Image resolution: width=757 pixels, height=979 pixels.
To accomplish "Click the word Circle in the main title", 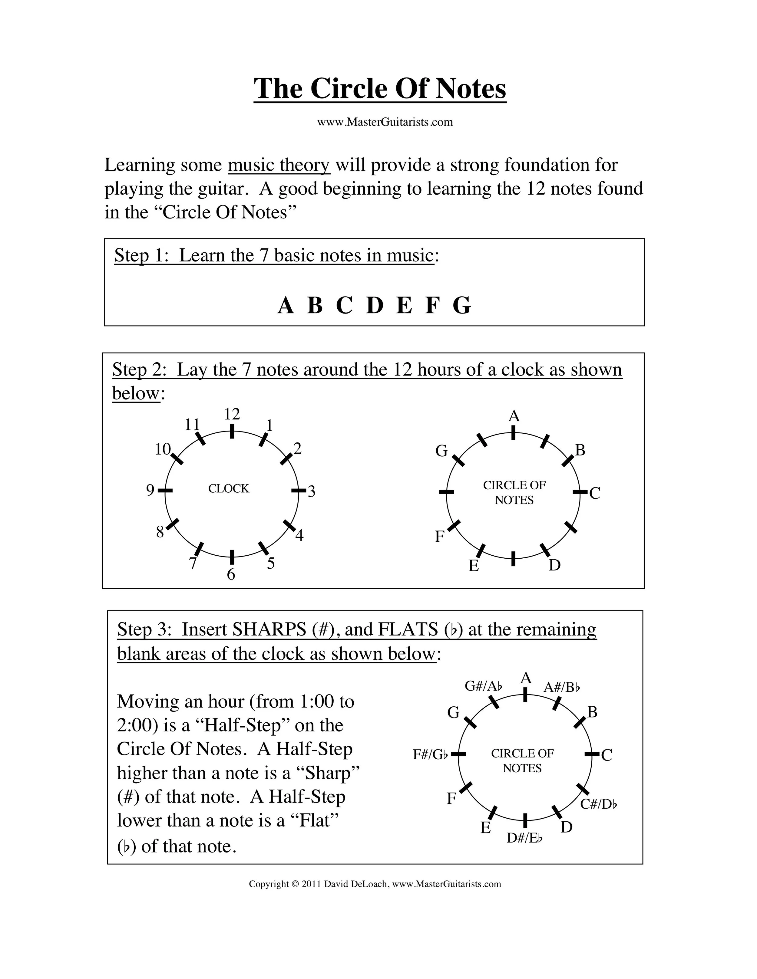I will [x=349, y=88].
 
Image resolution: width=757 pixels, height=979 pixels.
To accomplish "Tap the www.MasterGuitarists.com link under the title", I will [x=385, y=122].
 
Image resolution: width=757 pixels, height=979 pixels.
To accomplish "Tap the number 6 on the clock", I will [x=231, y=574].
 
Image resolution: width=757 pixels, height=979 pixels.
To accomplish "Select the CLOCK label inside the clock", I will [x=229, y=489].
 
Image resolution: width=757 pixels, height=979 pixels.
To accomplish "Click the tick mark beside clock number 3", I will [x=298, y=491].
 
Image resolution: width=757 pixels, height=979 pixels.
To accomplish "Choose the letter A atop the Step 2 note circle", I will [x=514, y=416].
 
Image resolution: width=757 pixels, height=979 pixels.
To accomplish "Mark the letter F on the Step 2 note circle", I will [x=439, y=537].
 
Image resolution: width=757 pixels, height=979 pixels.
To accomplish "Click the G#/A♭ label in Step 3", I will [x=483, y=686].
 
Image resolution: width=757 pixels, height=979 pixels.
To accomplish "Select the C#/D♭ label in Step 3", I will [x=599, y=804].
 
